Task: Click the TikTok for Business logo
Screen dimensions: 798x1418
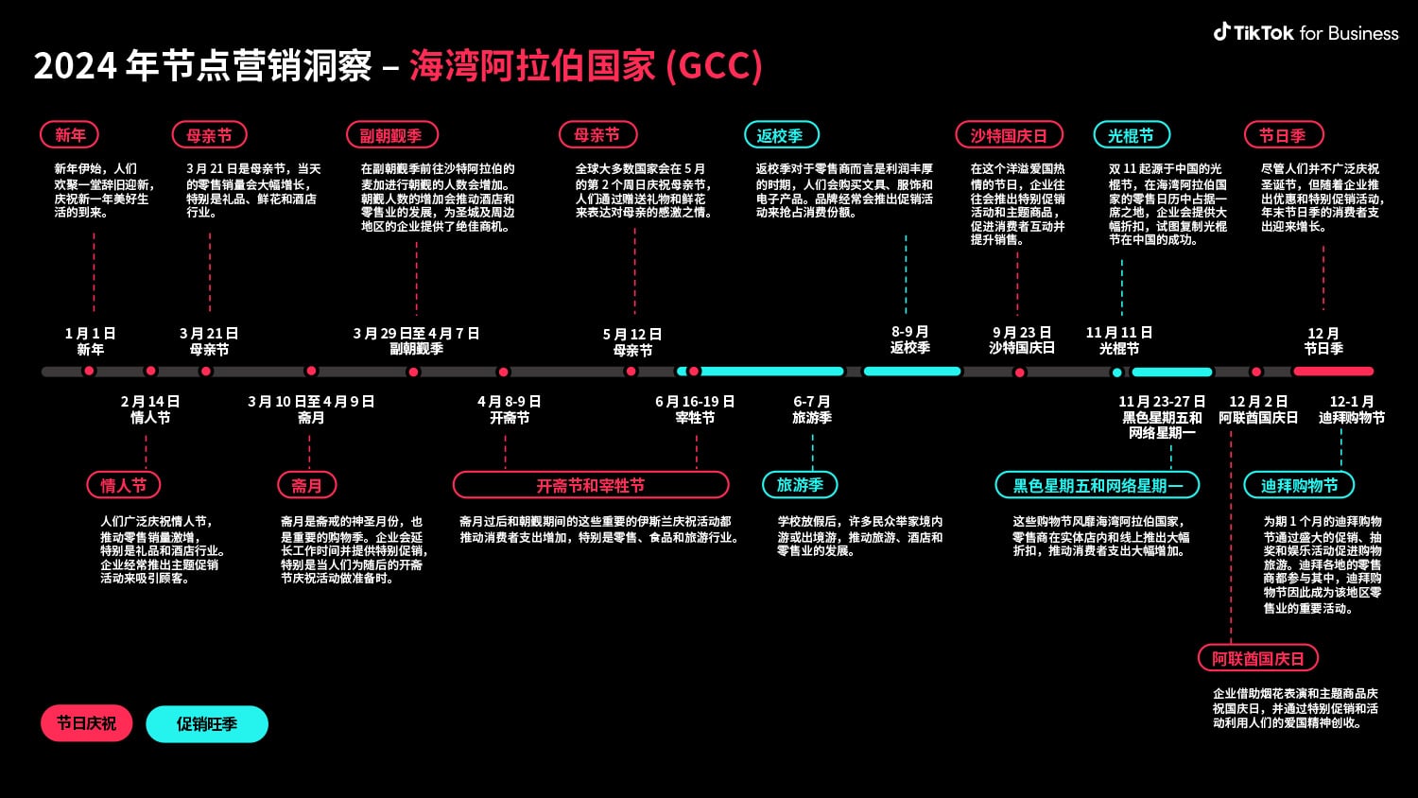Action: click(x=1306, y=33)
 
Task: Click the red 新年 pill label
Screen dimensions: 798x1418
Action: click(x=69, y=135)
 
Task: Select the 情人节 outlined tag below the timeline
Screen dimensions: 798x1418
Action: click(x=124, y=485)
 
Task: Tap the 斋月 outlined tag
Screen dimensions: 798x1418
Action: click(x=306, y=485)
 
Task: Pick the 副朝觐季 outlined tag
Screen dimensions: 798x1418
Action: click(x=391, y=135)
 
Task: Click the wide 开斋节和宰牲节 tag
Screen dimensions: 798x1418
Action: click(x=591, y=485)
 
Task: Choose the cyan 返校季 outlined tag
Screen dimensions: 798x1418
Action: click(x=780, y=135)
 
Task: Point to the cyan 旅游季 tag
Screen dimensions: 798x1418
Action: click(x=800, y=485)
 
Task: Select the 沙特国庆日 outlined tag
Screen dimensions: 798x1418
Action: click(x=1009, y=135)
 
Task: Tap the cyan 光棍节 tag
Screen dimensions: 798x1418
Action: click(x=1131, y=135)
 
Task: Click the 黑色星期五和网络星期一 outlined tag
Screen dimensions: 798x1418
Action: click(x=1098, y=485)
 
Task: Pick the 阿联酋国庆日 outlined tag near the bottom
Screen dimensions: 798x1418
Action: click(x=1258, y=658)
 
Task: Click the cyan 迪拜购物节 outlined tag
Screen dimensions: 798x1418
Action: click(x=1299, y=485)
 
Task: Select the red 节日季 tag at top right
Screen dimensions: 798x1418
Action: click(x=1283, y=135)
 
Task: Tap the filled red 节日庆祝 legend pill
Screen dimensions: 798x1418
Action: click(x=86, y=723)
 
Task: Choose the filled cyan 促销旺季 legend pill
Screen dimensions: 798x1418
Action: click(x=207, y=724)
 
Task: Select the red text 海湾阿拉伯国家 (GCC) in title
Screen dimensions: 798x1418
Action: click(x=585, y=66)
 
